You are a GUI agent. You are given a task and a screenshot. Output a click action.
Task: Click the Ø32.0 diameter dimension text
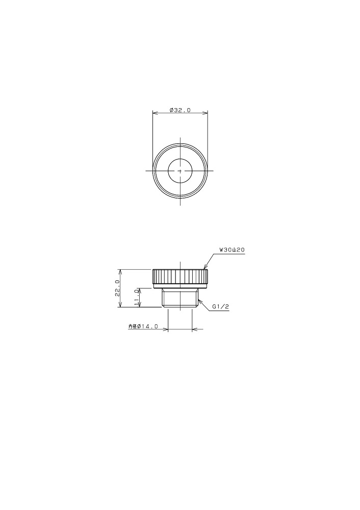tap(180, 110)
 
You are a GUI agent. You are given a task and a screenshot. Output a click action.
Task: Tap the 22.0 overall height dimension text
tap(117, 288)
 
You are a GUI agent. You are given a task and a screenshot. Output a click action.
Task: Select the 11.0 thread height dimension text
tap(137, 298)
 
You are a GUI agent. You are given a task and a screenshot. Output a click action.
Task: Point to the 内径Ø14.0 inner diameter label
tap(143, 326)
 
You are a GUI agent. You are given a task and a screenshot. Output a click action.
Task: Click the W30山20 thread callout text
tap(232, 250)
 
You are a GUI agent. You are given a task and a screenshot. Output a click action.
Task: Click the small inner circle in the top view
tap(180, 171)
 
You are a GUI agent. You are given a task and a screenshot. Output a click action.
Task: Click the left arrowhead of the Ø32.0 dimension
tap(155, 113)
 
